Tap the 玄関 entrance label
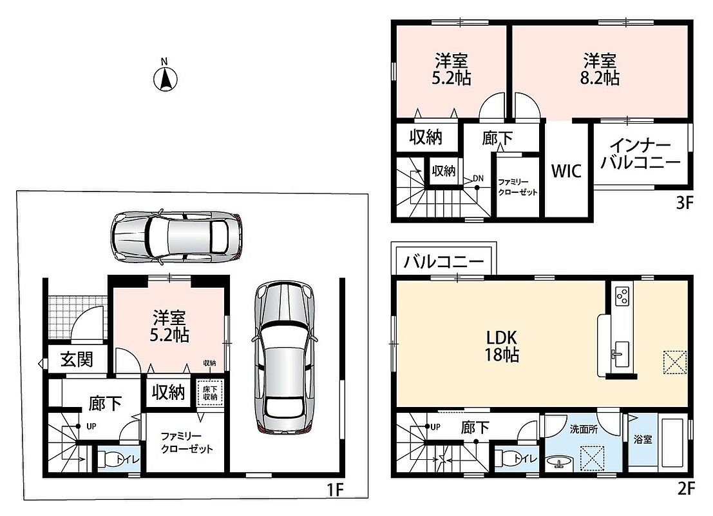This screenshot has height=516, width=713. point(77,359)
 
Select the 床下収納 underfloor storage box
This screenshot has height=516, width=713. point(210,393)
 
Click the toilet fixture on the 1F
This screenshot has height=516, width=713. point(108,459)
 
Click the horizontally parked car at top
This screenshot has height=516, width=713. point(176,237)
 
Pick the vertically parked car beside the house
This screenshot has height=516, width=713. point(284,357)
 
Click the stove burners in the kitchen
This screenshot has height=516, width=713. point(622,296)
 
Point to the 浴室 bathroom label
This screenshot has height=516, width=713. point(643,439)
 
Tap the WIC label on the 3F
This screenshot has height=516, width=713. point(566,171)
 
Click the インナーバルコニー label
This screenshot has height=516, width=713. point(641,155)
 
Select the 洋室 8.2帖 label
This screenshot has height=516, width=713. point(600,69)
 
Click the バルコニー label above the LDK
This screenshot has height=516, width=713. point(444,262)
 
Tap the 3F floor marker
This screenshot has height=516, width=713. point(685,203)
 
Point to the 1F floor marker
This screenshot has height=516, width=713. point(336,490)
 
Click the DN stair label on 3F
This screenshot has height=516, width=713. point(478,179)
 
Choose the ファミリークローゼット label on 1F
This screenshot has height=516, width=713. point(187,442)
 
